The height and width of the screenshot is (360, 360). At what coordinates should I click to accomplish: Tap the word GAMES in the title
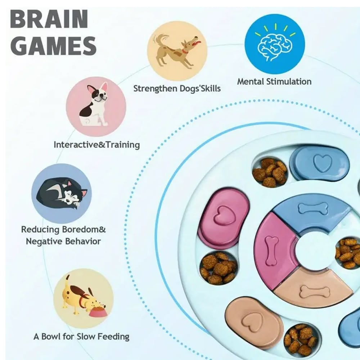point(53,46)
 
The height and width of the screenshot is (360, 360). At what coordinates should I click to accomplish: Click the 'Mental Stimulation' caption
point(274,81)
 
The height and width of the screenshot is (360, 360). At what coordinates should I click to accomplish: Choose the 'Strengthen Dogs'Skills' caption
point(177,88)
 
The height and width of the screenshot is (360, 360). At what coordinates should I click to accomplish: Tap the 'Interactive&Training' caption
point(96,145)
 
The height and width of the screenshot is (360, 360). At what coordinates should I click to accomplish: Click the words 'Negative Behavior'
point(63,241)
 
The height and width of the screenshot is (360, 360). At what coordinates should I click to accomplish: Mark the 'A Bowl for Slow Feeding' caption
point(81,337)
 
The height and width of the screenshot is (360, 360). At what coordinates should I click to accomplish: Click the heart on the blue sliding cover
point(322,163)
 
